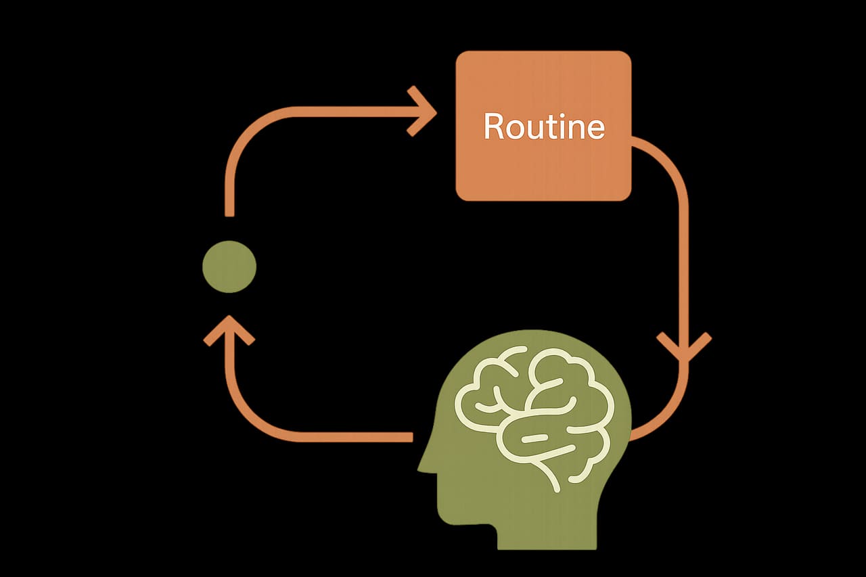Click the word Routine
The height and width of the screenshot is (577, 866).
544,126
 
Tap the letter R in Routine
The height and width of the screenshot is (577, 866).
493,126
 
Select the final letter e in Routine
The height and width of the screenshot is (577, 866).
596,129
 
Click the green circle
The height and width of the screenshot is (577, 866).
229,267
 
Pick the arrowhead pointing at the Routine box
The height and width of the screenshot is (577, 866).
421,112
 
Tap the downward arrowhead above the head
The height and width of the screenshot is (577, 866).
684,346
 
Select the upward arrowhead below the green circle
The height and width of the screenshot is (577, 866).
229,330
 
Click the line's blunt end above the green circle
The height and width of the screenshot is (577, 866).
229,214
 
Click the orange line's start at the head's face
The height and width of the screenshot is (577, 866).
411,437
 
